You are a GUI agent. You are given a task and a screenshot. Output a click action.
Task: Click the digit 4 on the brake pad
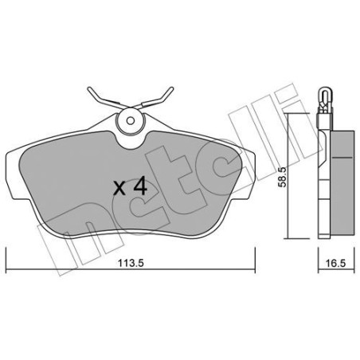(x=140, y=187)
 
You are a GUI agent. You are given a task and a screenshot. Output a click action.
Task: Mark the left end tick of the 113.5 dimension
(x=6, y=256)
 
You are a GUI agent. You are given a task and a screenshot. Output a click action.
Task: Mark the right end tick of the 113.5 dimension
(x=253, y=256)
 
